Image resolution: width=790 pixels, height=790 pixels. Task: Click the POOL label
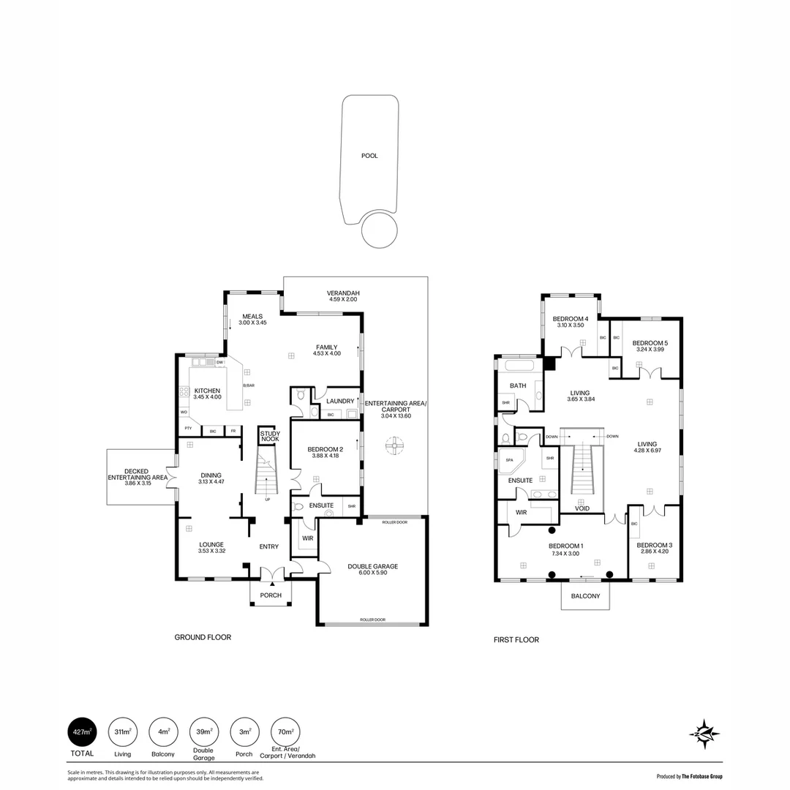[369, 156]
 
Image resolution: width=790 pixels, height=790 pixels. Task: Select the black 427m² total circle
[82, 731]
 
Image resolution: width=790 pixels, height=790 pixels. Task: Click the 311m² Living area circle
[122, 731]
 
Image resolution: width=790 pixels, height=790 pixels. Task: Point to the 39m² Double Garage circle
[203, 731]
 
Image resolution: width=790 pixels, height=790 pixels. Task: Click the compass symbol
[705, 733]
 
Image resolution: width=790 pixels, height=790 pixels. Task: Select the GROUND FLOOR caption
[203, 637]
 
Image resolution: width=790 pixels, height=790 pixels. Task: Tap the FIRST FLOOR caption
[516, 640]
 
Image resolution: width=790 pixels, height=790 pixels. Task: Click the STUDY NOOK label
[270, 436]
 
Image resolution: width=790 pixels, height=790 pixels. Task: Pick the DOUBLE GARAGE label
[373, 567]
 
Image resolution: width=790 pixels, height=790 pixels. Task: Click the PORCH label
[271, 595]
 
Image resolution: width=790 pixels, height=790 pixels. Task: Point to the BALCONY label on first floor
[585, 596]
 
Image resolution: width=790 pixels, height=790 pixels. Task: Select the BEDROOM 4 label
[570, 319]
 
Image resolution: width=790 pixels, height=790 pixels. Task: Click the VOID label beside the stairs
[582, 508]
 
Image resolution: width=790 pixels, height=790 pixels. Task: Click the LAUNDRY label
[340, 401]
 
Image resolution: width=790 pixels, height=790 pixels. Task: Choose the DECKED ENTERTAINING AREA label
[138, 474]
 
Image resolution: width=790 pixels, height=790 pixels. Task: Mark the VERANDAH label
[343, 293]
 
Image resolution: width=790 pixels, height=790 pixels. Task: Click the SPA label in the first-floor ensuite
[509, 460]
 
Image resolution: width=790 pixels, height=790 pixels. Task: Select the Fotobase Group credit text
[690, 776]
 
